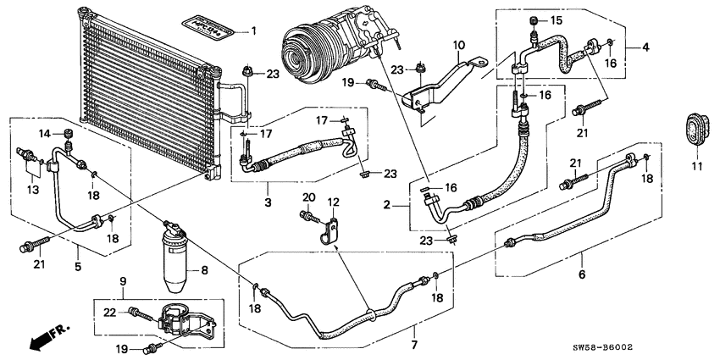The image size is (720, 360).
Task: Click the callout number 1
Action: tap(252, 31)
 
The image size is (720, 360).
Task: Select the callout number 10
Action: tap(458, 44)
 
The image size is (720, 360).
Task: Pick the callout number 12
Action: tap(334, 202)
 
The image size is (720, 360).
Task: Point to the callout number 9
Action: tap(122, 281)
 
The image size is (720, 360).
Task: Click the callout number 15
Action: tap(556, 19)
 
